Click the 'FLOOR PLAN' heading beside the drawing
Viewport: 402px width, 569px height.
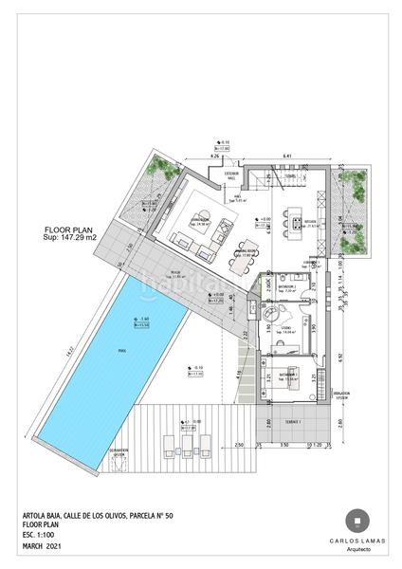click(x=68, y=229)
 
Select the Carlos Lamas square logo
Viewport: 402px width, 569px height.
click(x=356, y=521)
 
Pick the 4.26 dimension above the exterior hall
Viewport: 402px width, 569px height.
click(x=215, y=156)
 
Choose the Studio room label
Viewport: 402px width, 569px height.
click(x=284, y=327)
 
